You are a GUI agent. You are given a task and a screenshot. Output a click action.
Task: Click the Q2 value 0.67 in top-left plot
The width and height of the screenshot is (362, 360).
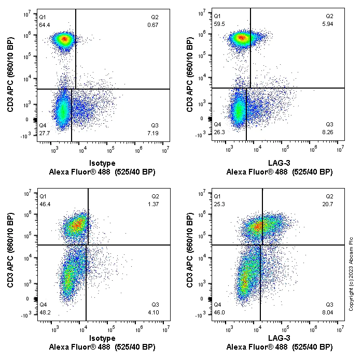click(154, 24)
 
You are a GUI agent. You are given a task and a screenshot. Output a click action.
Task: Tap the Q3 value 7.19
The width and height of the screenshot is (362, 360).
click(155, 133)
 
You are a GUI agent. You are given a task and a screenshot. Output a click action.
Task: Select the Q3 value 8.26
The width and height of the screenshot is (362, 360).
click(329, 133)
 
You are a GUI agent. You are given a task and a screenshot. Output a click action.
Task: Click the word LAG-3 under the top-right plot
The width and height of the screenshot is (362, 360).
click(279, 164)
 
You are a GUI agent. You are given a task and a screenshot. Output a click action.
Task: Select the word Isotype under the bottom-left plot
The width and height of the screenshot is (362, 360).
click(102, 338)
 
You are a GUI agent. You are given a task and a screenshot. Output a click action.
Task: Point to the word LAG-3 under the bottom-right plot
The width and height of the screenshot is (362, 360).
click(279, 338)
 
